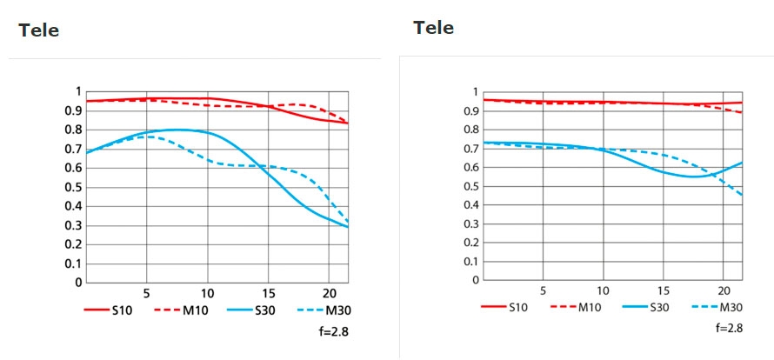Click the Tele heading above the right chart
433,28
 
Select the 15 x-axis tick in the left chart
268,293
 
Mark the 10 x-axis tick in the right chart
603,290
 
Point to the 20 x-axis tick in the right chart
724,290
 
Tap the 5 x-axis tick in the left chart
146,293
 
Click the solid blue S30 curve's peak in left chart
178,130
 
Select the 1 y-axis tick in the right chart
475,92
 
